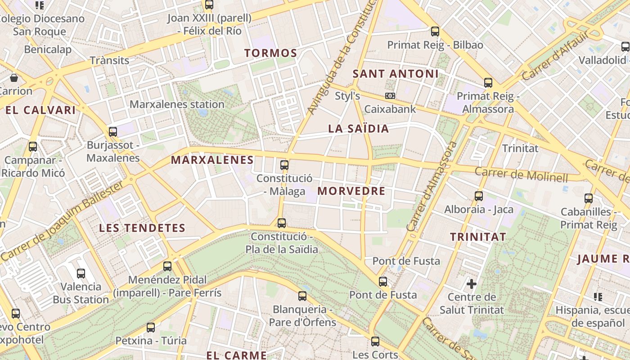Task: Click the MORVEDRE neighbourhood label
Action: tap(351, 191)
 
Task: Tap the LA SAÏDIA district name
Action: tap(358, 129)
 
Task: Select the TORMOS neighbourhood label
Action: tap(271, 53)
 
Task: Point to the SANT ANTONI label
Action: tap(395, 74)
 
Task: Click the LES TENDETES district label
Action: tap(142, 228)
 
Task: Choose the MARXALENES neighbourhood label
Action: tap(212, 160)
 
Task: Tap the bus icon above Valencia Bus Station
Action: tap(81, 273)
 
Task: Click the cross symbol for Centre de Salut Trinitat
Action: tap(472, 284)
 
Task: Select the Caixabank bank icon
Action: tap(390, 96)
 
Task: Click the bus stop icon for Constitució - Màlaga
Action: tap(284, 165)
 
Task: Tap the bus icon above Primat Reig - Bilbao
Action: tap(435, 31)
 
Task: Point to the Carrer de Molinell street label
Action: tap(521, 174)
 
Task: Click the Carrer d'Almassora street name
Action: tap(431, 186)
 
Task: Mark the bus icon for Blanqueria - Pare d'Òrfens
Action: tap(302, 296)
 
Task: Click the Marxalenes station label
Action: tap(177, 104)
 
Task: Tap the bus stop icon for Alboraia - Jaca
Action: tap(479, 196)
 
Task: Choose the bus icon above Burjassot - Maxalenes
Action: tap(113, 132)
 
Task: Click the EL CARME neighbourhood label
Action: tap(237, 355)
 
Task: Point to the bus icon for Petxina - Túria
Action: tap(151, 328)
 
